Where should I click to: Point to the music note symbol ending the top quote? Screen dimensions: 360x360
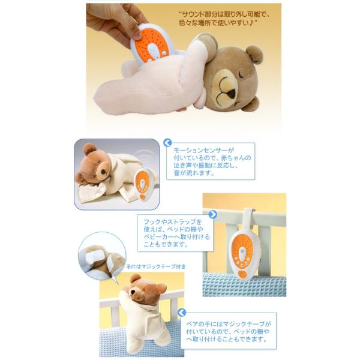(262, 23)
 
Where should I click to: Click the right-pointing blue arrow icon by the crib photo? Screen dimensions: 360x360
(212, 214)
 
